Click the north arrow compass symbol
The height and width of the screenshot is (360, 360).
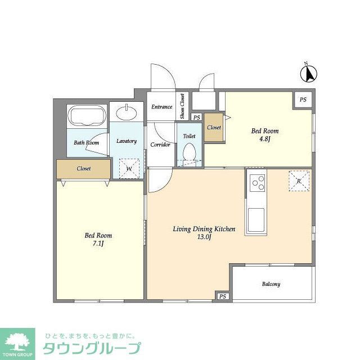(x=309, y=73)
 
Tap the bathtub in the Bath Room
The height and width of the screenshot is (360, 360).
(x=86, y=118)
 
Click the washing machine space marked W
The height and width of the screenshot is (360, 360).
(x=129, y=167)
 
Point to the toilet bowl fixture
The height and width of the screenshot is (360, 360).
(x=189, y=152)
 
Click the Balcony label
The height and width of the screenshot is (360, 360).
(x=271, y=284)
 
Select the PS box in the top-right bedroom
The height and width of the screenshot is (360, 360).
(x=303, y=100)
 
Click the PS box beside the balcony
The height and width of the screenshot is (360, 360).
(x=223, y=296)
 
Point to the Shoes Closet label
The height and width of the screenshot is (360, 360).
(x=182, y=106)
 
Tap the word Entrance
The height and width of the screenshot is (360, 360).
(x=162, y=107)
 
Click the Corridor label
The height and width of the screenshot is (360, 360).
(x=160, y=145)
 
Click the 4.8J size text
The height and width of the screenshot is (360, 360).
(x=264, y=139)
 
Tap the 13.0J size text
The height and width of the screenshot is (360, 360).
(x=203, y=237)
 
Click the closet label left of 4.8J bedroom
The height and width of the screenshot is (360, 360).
(x=214, y=128)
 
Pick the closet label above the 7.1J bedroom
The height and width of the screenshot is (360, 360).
(x=84, y=168)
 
